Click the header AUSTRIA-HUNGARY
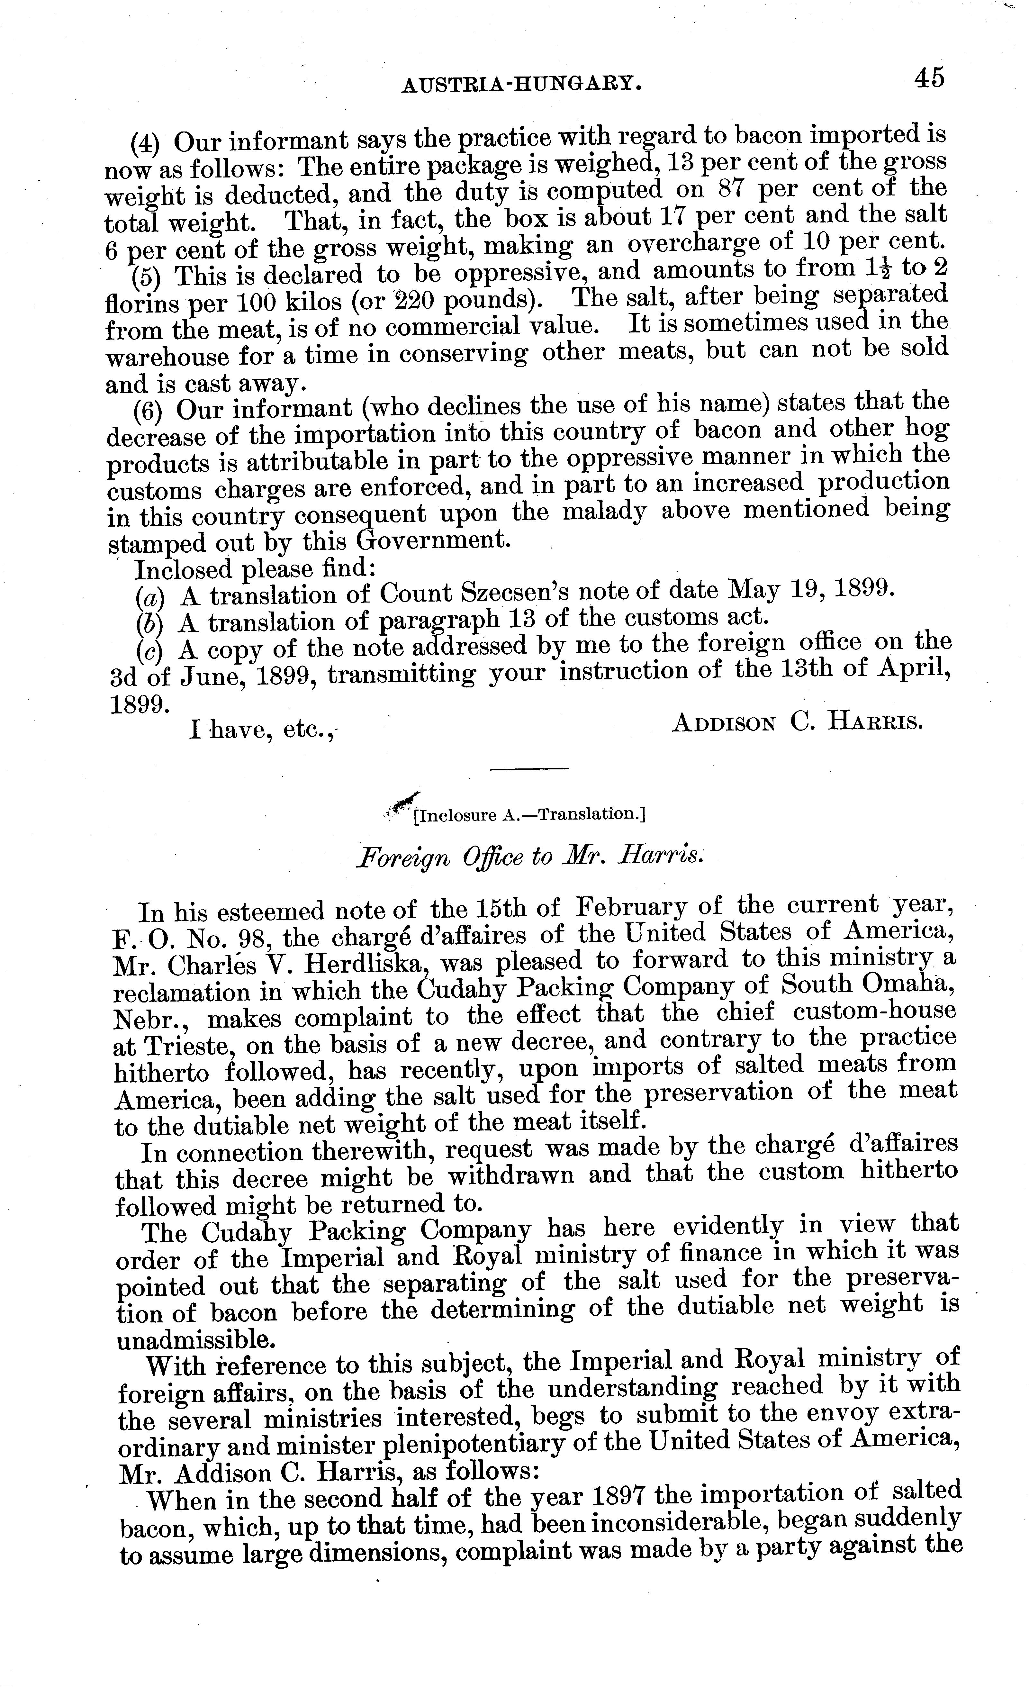tap(522, 84)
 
